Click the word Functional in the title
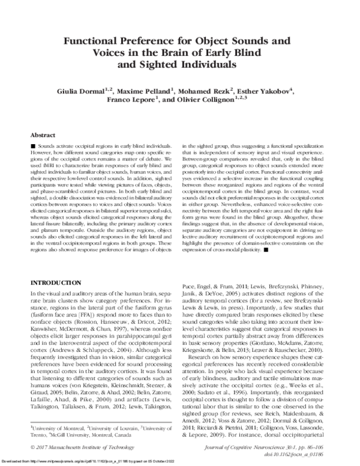point(102,43)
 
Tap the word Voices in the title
point(108,53)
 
